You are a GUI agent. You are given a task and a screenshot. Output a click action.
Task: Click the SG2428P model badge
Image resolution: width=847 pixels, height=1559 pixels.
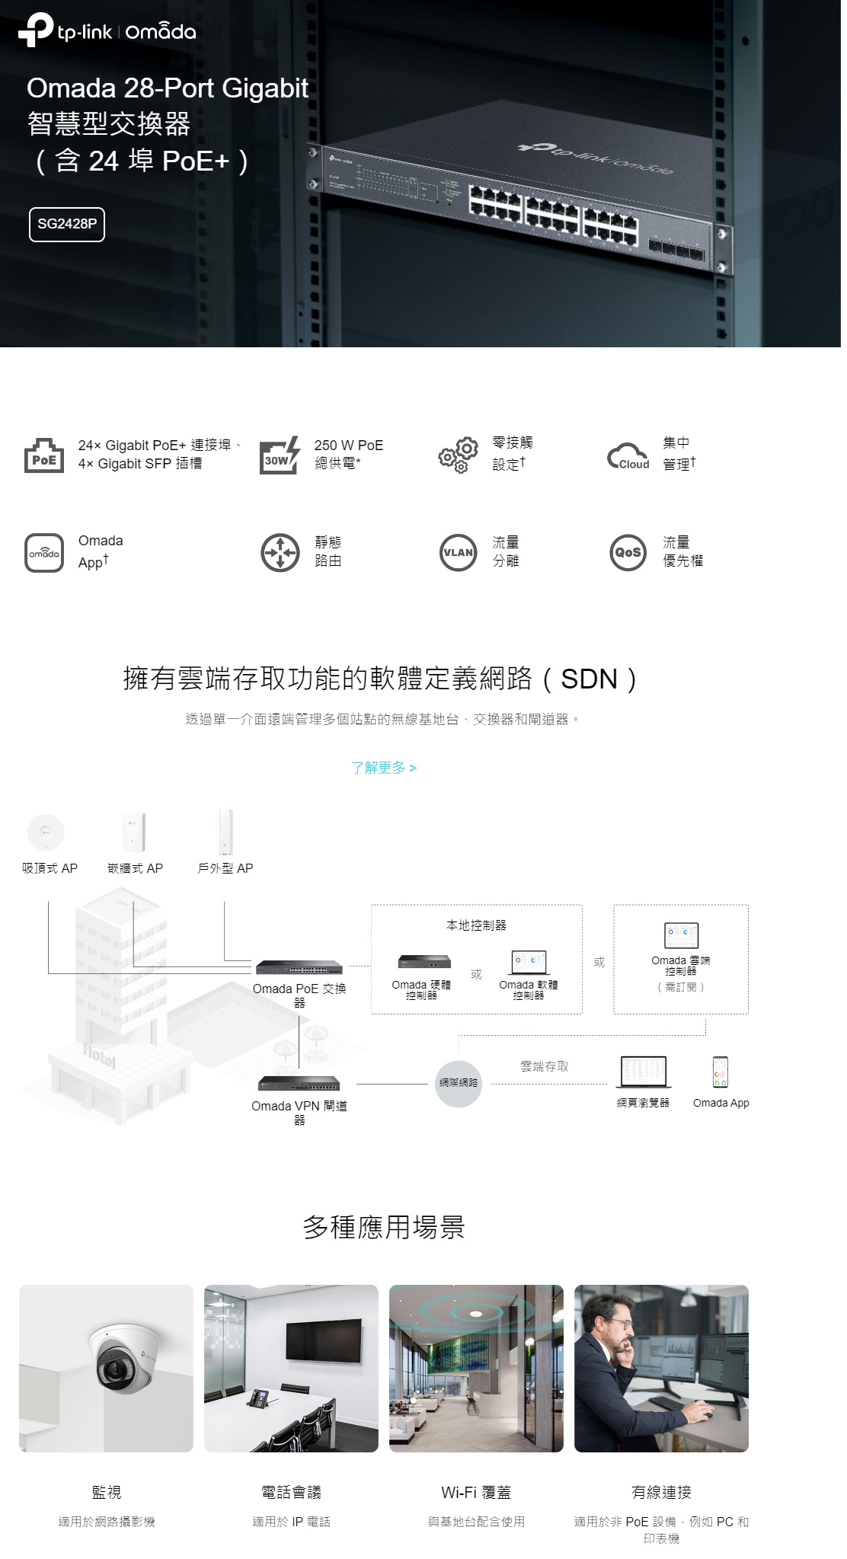click(67, 224)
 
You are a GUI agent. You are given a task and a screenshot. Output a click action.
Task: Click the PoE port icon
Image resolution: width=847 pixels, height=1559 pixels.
click(44, 455)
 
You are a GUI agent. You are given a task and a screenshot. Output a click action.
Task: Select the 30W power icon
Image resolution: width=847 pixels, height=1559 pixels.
click(279, 456)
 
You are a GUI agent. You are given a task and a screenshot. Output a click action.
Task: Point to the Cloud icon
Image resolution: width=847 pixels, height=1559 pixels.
click(628, 456)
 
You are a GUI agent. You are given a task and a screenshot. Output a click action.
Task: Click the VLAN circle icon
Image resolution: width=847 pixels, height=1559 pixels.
click(458, 553)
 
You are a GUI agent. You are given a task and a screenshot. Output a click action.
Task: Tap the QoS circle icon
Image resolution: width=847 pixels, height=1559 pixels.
click(628, 553)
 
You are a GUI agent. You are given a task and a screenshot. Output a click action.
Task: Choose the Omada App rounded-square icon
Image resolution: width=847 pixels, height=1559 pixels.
click(44, 553)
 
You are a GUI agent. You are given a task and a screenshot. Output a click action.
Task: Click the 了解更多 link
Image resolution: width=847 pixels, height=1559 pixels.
click(383, 768)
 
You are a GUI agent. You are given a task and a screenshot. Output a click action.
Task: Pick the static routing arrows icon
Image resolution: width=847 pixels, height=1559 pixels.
click(280, 553)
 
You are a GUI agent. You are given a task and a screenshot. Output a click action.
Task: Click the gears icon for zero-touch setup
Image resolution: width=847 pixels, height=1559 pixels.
click(458, 455)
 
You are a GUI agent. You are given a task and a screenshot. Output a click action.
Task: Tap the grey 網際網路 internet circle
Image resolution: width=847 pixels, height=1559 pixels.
click(459, 1083)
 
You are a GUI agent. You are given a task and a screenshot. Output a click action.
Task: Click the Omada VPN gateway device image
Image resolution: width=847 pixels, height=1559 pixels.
click(299, 1084)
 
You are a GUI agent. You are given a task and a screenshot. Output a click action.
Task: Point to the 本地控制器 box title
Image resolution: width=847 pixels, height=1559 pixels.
click(476, 925)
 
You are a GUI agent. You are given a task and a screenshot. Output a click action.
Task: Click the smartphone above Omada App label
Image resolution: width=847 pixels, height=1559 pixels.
click(721, 1072)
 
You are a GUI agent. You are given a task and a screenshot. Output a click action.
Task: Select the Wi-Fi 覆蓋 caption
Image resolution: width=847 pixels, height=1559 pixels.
click(476, 1492)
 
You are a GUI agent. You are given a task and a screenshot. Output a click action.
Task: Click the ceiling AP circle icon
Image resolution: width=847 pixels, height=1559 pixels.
click(46, 832)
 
